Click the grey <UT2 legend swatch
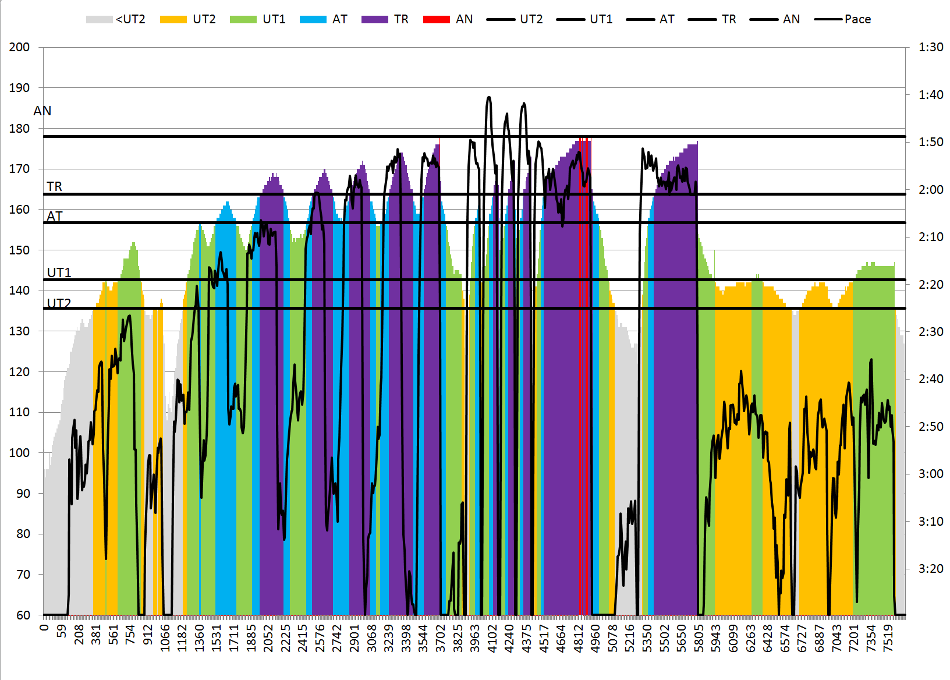[99, 19]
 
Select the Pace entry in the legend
[857, 19]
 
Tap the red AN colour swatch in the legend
[436, 19]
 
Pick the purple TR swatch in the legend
[374, 19]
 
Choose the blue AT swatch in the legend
[313, 19]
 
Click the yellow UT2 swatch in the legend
[173, 19]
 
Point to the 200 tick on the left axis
[19, 47]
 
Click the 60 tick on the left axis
[23, 615]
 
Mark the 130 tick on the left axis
[19, 331]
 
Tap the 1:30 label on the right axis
[931, 47]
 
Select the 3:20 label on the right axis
[931, 569]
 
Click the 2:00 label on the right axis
[931, 190]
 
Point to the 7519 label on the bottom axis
[888, 638]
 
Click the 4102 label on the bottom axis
[492, 638]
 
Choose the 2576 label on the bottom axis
[320, 638]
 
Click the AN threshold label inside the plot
[42, 111]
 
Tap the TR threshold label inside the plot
[54, 186]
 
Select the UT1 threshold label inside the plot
[59, 272]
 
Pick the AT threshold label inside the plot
[54, 216]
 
